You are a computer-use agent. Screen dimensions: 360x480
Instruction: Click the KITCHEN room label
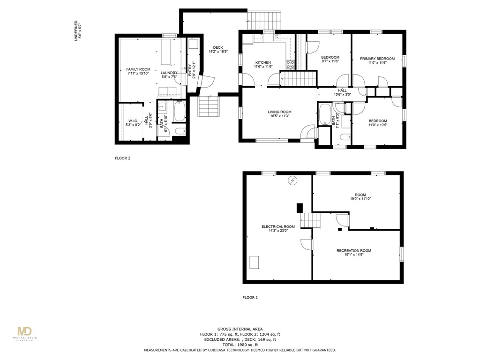[262, 62]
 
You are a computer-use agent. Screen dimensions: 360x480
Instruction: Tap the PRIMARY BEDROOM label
[377, 59]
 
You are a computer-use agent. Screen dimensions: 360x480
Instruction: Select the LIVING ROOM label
[279, 112]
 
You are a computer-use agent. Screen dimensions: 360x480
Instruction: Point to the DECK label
[217, 47]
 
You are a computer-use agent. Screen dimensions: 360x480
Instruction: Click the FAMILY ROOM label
[138, 69]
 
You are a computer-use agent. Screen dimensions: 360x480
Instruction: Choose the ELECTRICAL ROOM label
[278, 227]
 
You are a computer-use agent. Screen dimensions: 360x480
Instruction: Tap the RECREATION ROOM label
[353, 251]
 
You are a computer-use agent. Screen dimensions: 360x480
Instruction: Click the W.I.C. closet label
[133, 121]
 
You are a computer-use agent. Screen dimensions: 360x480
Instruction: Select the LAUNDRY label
[169, 73]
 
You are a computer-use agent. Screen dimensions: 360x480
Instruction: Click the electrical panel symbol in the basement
[293, 180]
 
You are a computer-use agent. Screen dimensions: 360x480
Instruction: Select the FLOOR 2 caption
[122, 158]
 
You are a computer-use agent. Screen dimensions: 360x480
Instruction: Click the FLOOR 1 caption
[250, 298]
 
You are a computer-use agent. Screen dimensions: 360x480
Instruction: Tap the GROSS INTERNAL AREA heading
[240, 329]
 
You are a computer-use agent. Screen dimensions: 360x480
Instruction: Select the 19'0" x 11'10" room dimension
[360, 199]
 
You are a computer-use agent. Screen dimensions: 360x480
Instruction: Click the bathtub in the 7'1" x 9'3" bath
[324, 115]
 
